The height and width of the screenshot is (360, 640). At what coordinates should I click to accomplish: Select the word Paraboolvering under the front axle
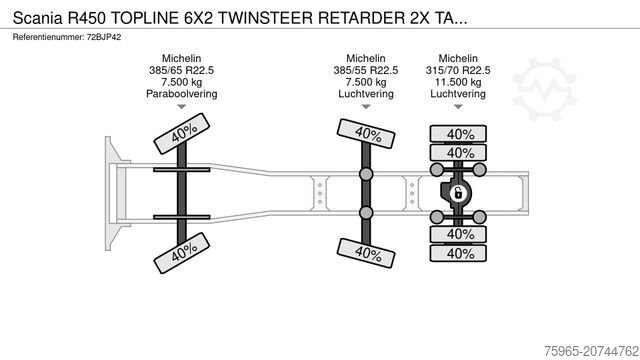click(181, 93)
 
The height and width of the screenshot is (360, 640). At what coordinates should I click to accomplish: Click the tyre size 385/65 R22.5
click(181, 70)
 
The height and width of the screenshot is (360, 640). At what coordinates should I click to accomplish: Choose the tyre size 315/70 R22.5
click(458, 70)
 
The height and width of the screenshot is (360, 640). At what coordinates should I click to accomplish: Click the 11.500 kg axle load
click(458, 82)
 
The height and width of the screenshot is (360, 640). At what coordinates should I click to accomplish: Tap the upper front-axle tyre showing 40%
click(180, 134)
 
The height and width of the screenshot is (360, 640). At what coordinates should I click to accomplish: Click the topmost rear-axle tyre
click(459, 134)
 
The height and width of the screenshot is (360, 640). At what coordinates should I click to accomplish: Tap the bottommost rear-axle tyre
click(459, 253)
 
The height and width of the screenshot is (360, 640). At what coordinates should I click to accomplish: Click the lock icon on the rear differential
click(459, 193)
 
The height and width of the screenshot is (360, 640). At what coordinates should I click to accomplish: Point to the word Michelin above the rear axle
click(458, 58)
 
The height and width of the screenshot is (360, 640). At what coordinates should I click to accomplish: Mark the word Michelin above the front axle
click(181, 58)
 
